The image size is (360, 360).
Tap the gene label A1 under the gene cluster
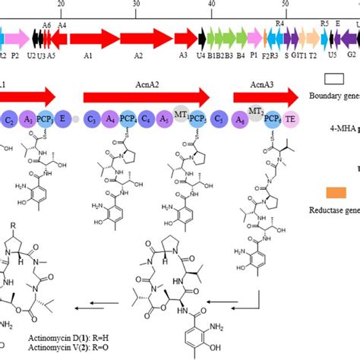[88, 55]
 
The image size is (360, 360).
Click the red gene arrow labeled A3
[185, 38]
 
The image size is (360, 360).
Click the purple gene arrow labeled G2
[352, 38]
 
